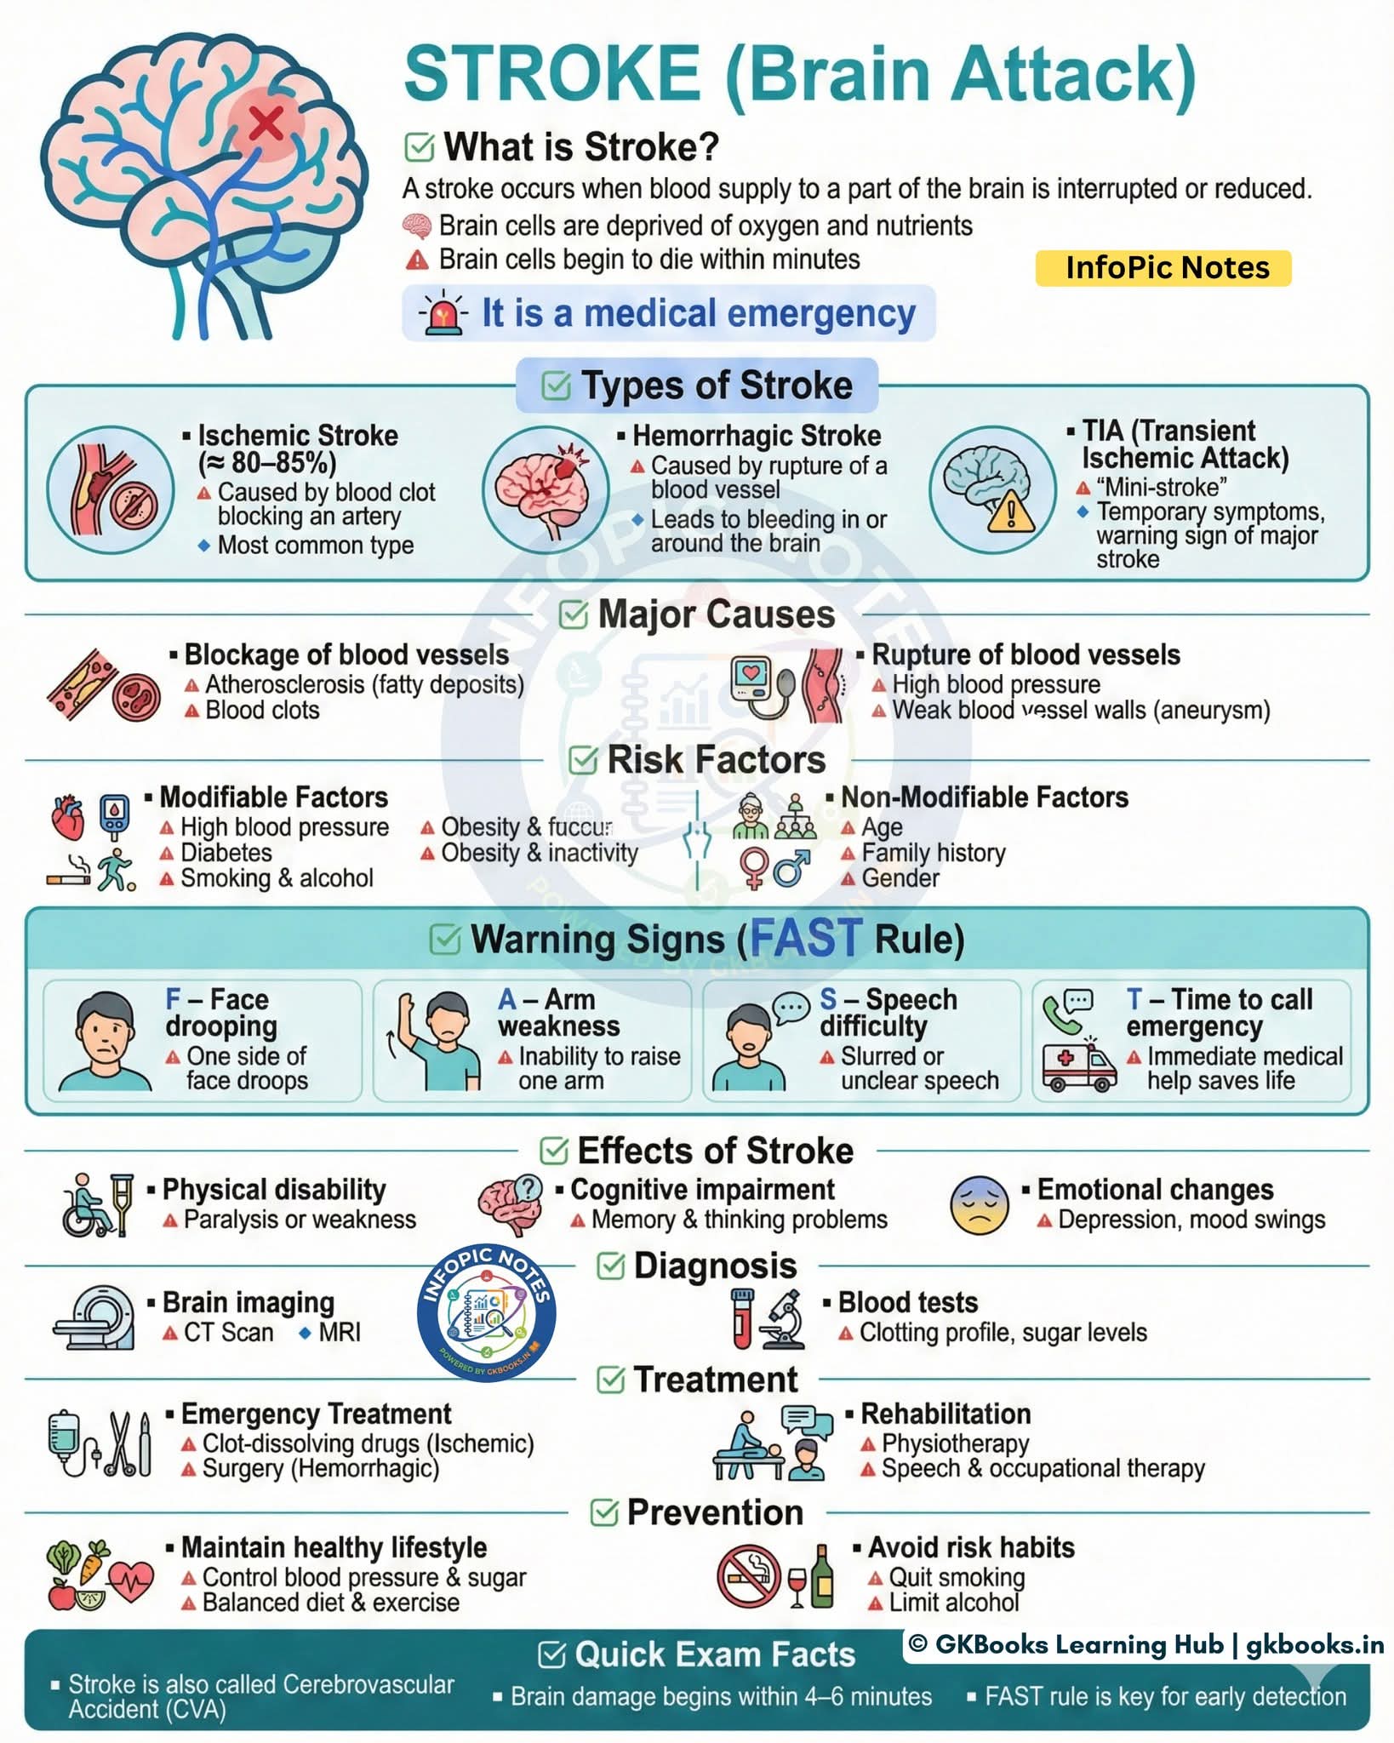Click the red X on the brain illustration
[x=266, y=123]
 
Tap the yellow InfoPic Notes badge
[x=1163, y=268]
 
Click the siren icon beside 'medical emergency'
[x=443, y=314]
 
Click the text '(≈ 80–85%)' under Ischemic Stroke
[x=267, y=463]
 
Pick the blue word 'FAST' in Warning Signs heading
[x=805, y=938]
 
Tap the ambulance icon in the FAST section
[x=1079, y=1068]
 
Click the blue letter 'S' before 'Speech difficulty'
[x=828, y=999]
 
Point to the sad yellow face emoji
[x=979, y=1206]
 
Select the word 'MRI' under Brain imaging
[x=340, y=1332]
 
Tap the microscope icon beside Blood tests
[x=784, y=1320]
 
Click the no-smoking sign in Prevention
[x=749, y=1576]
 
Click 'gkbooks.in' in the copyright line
[x=1315, y=1645]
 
